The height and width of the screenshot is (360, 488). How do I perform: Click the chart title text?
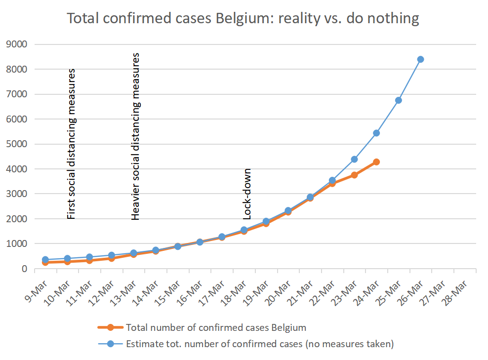(243, 18)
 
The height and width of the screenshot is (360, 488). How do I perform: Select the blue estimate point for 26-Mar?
(420, 59)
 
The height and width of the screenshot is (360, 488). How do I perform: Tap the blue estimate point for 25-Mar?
(399, 100)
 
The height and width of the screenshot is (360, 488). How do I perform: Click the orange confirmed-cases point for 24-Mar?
(376, 162)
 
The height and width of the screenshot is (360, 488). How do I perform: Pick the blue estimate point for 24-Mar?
(376, 133)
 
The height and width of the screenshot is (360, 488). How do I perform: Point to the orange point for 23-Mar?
(354, 175)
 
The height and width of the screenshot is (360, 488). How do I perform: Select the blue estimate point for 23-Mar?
(354, 160)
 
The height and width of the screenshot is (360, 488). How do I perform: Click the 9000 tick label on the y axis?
(16, 44)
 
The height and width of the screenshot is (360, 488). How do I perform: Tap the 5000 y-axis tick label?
(16, 144)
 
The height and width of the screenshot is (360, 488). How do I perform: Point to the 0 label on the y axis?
(25, 269)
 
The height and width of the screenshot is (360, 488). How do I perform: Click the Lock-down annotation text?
(247, 194)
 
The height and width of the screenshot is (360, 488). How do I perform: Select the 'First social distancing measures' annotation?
(71, 144)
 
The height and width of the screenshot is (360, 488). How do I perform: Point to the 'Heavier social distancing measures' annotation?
(135, 137)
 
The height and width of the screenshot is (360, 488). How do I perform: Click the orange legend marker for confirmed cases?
(110, 327)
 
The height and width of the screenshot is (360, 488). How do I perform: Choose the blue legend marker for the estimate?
(110, 344)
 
